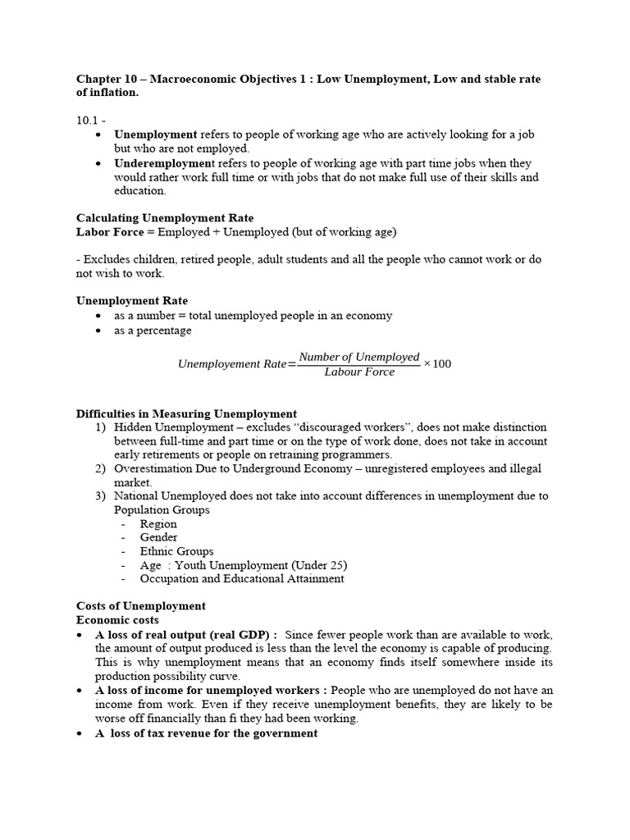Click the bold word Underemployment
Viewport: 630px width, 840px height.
(160, 163)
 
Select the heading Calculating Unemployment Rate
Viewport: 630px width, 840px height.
(165, 218)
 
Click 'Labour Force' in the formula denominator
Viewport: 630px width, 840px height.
(359, 372)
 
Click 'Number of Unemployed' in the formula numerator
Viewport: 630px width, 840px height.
(359, 357)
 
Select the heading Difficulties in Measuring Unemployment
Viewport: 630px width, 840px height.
(186, 413)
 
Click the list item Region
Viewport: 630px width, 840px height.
(158, 523)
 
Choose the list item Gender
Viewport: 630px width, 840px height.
(158, 537)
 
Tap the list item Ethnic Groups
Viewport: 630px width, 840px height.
(176, 551)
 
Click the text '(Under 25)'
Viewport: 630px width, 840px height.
(317, 565)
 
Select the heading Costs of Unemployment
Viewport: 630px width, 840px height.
(140, 606)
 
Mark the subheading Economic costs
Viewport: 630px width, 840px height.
(118, 620)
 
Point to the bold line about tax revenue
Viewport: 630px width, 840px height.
(206, 733)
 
